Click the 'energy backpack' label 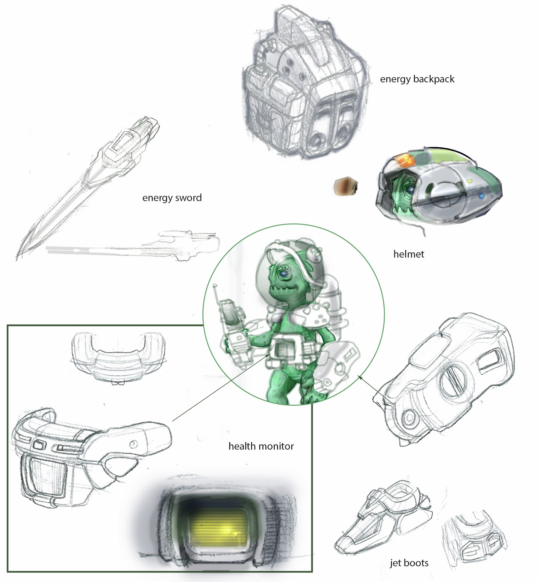tap(417, 79)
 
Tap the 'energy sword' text tap(172, 198)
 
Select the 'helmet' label tap(409, 254)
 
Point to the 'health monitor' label tap(261, 446)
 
